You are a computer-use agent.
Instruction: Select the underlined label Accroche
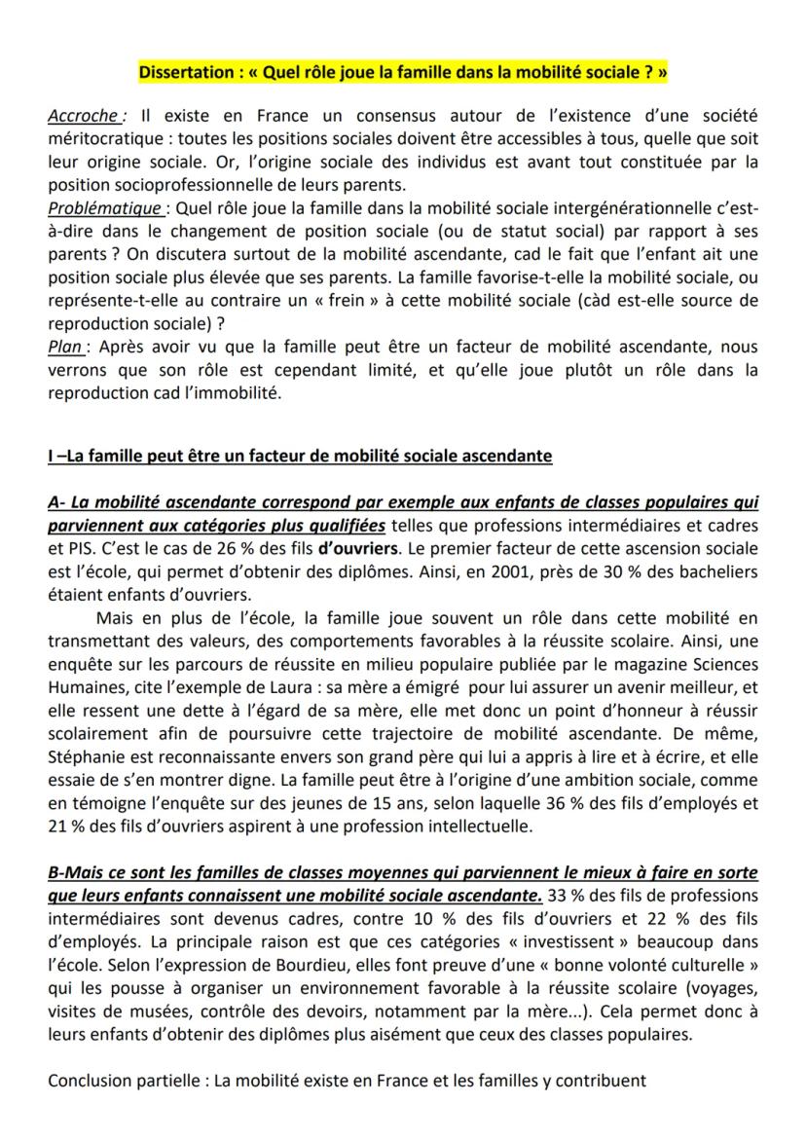tap(83, 117)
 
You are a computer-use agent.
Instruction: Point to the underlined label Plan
tap(65, 348)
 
